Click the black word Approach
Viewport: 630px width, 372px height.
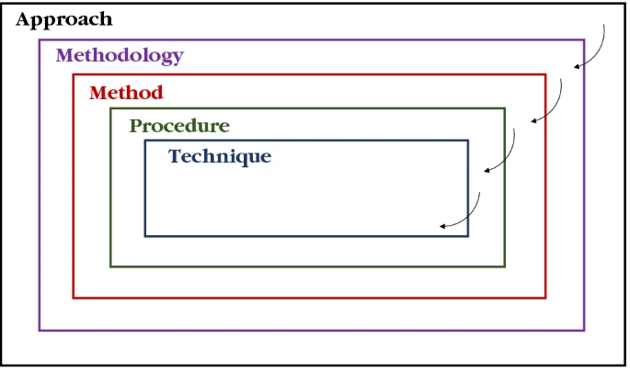point(64,19)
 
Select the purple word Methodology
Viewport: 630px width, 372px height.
point(120,56)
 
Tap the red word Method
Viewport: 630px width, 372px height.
point(126,93)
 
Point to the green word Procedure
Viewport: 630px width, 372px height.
point(179,126)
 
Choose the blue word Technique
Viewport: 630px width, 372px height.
point(220,156)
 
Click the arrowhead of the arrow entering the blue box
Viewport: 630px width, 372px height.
point(442,226)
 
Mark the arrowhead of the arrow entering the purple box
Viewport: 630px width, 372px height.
point(576,67)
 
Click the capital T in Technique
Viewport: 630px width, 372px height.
point(175,155)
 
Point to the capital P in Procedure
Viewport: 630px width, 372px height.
point(135,126)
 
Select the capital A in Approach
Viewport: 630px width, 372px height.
point(24,19)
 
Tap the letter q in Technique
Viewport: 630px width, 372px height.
point(238,158)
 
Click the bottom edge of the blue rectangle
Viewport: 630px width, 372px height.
point(306,236)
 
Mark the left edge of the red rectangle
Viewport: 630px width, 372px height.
point(74,186)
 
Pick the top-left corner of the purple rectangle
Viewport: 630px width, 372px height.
point(40,39)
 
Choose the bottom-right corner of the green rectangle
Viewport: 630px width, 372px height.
point(505,266)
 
